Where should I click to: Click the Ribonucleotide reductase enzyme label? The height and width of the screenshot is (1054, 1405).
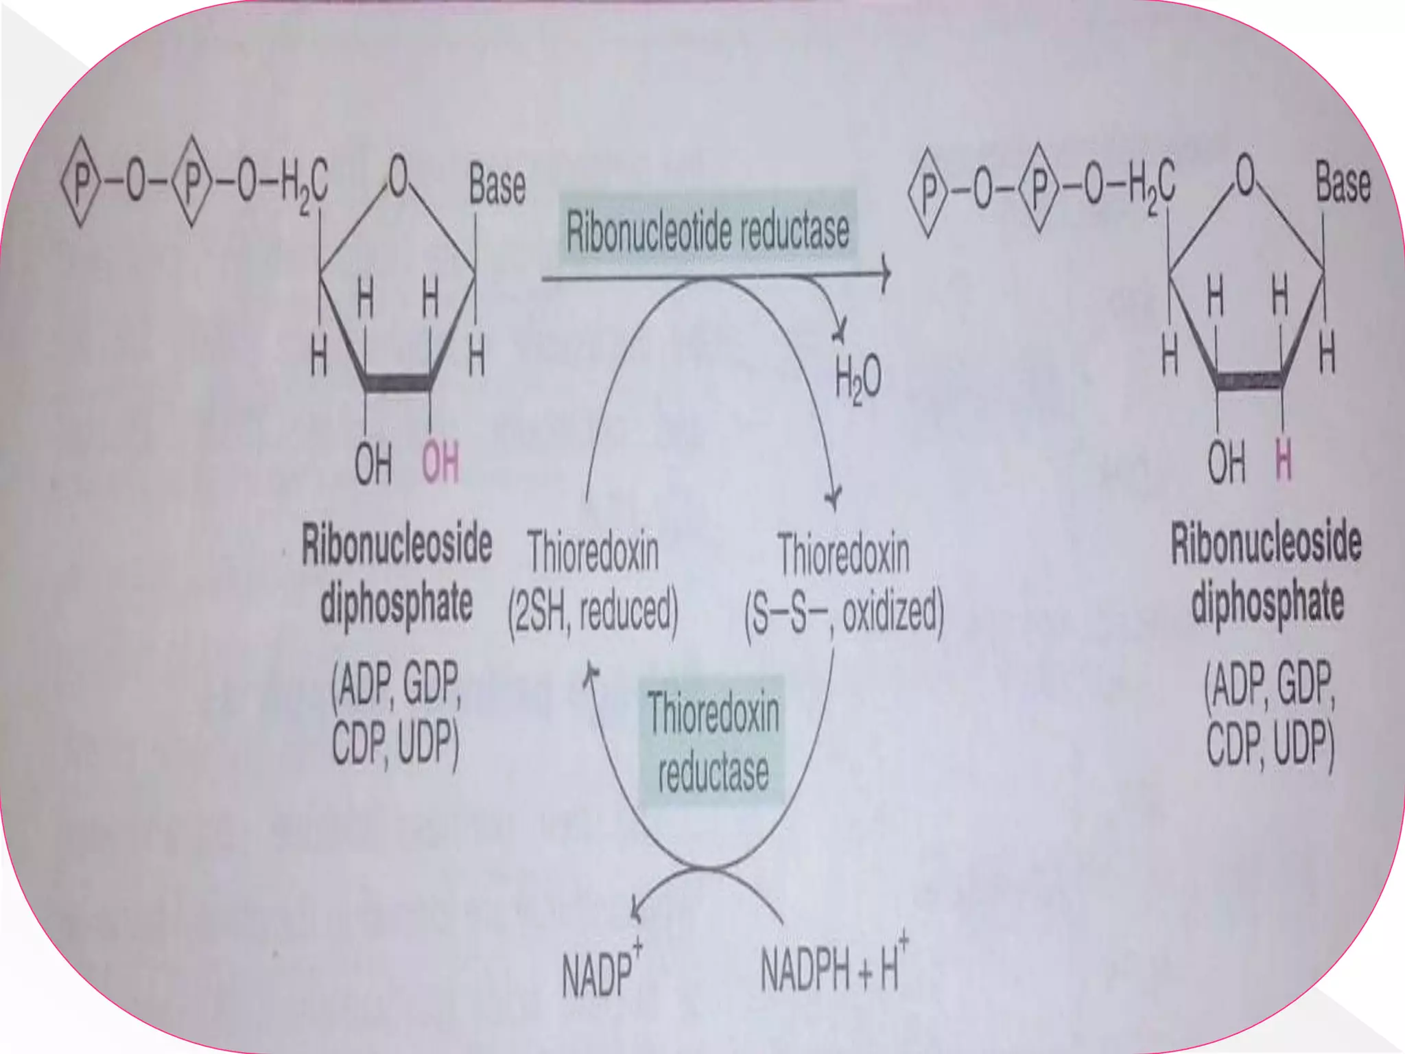[707, 231]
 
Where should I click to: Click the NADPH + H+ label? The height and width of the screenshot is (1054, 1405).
[831, 968]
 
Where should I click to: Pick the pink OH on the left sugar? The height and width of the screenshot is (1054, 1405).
[440, 462]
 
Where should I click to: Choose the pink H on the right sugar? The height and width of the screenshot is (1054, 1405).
[1283, 461]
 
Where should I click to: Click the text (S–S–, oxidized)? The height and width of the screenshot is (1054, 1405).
[844, 613]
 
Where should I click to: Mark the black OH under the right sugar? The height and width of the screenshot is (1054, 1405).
[1226, 462]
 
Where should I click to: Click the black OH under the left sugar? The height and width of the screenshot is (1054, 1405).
[373, 463]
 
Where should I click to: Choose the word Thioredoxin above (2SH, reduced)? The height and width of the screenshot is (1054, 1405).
[593, 553]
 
